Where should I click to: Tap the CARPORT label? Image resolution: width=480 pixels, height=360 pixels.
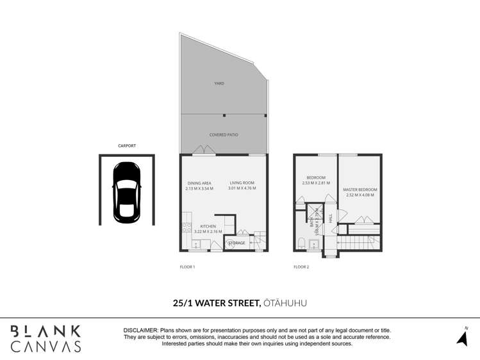[x=126, y=146]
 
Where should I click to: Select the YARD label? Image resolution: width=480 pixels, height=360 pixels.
[x=219, y=83]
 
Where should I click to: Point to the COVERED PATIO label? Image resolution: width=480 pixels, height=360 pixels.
[x=224, y=135]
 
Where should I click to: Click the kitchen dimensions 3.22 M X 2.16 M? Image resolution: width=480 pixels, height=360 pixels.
[x=208, y=232]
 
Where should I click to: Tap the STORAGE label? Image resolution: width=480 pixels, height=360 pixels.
[x=236, y=243]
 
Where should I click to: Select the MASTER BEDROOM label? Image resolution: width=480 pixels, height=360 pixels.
[x=360, y=190]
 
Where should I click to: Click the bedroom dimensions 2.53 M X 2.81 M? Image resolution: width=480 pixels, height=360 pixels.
[x=316, y=183]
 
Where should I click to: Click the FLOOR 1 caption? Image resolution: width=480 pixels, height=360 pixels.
[x=186, y=266]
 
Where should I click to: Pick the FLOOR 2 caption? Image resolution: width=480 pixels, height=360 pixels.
[x=301, y=266]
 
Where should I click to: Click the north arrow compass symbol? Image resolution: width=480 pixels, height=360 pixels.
[x=462, y=337]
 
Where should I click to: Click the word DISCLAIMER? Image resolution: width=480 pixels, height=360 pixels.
[x=140, y=330]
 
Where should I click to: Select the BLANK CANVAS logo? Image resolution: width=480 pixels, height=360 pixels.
[x=46, y=338]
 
